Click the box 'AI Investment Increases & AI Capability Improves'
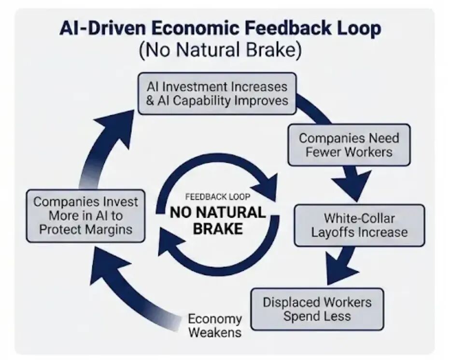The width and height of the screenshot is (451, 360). (x=217, y=94)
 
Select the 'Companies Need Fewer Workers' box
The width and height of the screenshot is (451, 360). (x=349, y=145)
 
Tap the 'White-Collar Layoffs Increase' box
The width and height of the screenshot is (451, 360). (x=359, y=225)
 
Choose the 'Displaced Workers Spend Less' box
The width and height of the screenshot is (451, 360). (x=317, y=309)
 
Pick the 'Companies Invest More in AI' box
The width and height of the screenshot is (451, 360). (x=85, y=215)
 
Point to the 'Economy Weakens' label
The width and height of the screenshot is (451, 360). (x=215, y=326)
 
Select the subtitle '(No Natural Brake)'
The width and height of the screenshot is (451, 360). (x=220, y=50)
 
